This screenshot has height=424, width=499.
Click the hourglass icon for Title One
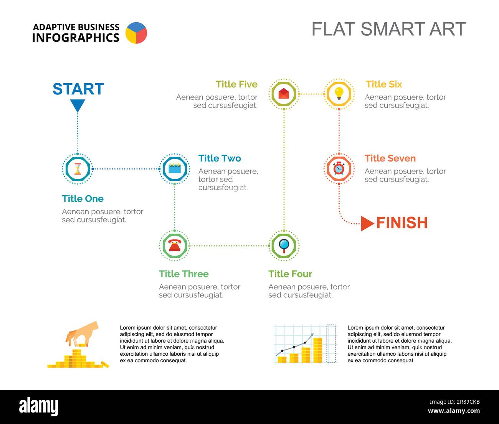click(x=78, y=169)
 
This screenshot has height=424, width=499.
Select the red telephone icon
click(x=175, y=246)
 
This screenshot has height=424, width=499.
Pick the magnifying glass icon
click(x=284, y=246)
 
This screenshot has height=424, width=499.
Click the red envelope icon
click(x=284, y=93)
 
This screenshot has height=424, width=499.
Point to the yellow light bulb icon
click(x=339, y=93)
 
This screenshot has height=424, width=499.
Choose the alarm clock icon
click(x=339, y=168)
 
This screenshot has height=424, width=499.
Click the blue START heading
click(x=78, y=89)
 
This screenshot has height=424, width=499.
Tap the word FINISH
click(x=402, y=223)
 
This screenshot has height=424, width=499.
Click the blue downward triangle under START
click(x=78, y=105)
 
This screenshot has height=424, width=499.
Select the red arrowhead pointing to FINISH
click(x=367, y=223)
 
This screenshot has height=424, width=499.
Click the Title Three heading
click(x=184, y=274)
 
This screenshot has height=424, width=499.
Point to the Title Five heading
click(x=236, y=84)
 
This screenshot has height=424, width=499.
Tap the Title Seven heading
click(x=390, y=158)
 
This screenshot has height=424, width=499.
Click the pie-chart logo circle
click(x=136, y=33)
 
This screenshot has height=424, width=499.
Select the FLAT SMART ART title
click(x=389, y=29)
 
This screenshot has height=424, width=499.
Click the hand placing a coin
click(x=82, y=333)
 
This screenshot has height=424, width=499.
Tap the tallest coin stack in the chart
click(x=318, y=350)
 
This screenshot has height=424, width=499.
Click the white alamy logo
click(x=39, y=407)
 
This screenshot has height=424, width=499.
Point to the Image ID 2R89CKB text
click(x=454, y=402)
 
